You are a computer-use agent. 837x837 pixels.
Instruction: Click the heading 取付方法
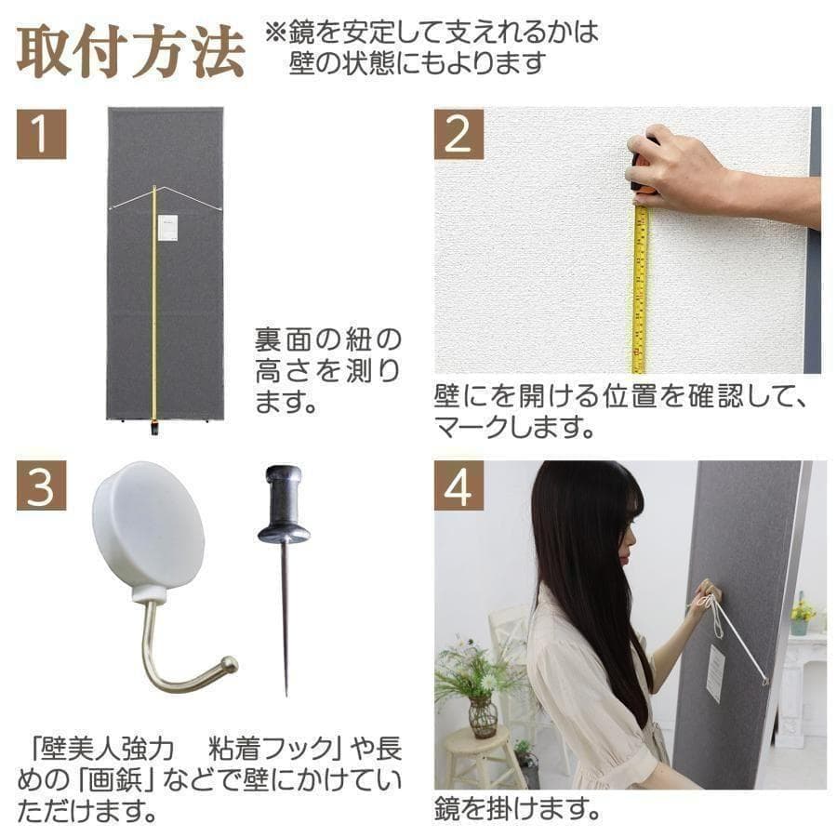pyautogui.click(x=130, y=54)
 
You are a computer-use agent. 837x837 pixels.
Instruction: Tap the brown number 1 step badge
pyautogui.click(x=41, y=133)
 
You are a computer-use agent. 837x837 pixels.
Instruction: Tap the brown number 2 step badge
pyautogui.click(x=458, y=133)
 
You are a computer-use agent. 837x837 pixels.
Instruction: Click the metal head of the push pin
pyautogui.click(x=284, y=508)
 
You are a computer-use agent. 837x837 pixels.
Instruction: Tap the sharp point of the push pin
pyautogui.click(x=286, y=693)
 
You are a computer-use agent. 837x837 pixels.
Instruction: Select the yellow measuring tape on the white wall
pyautogui.click(x=640, y=288)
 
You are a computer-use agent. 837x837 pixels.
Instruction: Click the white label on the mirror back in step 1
pyautogui.click(x=167, y=228)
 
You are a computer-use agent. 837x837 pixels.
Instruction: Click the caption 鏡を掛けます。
pyautogui.click(x=515, y=808)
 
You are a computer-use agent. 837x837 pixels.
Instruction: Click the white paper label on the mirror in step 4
pyautogui.click(x=715, y=672)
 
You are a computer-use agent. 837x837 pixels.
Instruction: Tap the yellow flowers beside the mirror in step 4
pyautogui.click(x=802, y=610)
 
